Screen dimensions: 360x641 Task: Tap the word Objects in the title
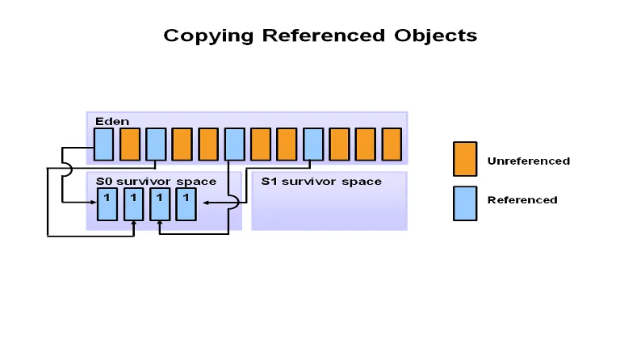pyautogui.click(x=436, y=36)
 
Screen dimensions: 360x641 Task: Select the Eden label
pyautogui.click(x=107, y=121)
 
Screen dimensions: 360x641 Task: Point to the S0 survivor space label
pyautogui.click(x=156, y=182)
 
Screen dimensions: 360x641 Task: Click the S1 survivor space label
pyautogui.click(x=321, y=182)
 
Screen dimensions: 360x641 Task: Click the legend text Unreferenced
pyautogui.click(x=529, y=161)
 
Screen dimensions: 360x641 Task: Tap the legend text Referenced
pyautogui.click(x=522, y=200)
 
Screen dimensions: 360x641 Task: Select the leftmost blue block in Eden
pyautogui.click(x=104, y=144)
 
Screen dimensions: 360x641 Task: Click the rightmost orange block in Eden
pyautogui.click(x=392, y=144)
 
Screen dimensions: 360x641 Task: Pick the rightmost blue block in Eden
pyautogui.click(x=313, y=144)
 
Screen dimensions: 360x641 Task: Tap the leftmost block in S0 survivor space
pyautogui.click(x=107, y=205)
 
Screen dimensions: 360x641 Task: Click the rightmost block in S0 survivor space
pyautogui.click(x=186, y=205)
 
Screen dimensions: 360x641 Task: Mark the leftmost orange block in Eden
pyautogui.click(x=130, y=144)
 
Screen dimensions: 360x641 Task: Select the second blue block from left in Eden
pyautogui.click(x=156, y=144)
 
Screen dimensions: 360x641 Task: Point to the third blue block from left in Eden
pyautogui.click(x=234, y=144)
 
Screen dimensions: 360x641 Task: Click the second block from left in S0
pyautogui.click(x=134, y=205)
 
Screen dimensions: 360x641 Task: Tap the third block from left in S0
pyautogui.click(x=160, y=205)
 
